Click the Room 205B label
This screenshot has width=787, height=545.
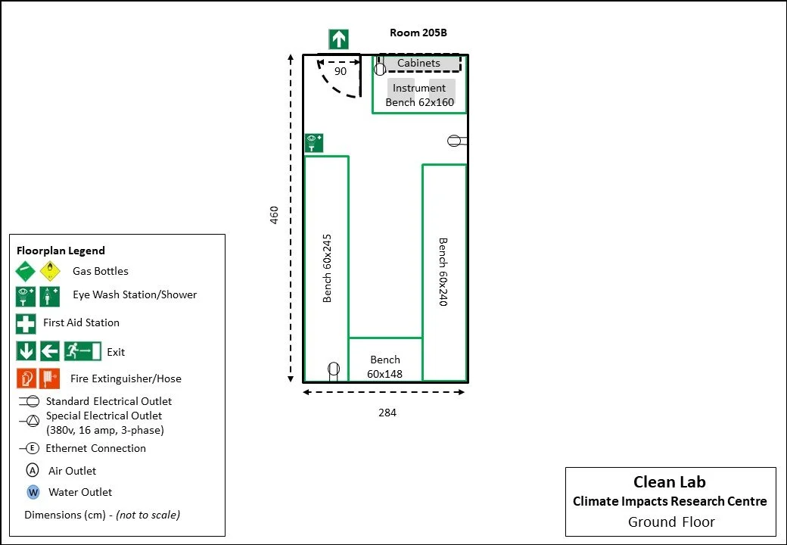[418, 33]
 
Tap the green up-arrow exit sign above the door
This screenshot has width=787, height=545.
[338, 39]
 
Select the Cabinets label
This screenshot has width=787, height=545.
[418, 64]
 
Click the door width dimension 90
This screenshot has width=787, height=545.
[341, 71]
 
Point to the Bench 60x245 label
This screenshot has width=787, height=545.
[327, 268]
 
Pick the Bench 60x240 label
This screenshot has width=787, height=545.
[443, 272]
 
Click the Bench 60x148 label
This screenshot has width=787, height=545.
[384, 367]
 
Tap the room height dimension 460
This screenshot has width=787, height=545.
[275, 215]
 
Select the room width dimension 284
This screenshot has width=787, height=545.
[387, 413]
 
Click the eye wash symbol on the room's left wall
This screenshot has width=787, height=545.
[314, 143]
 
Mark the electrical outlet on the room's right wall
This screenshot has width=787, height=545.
[455, 141]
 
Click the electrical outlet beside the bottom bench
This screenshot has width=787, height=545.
[334, 370]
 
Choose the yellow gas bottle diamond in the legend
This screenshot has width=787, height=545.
[51, 271]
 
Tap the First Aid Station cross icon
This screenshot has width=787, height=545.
[26, 323]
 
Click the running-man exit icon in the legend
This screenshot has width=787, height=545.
[83, 351]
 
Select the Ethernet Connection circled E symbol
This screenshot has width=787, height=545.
[33, 448]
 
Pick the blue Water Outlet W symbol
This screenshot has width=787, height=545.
[33, 492]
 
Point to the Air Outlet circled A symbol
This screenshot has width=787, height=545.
[33, 471]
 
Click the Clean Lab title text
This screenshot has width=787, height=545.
[670, 482]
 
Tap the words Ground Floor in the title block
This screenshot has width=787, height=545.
[671, 522]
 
